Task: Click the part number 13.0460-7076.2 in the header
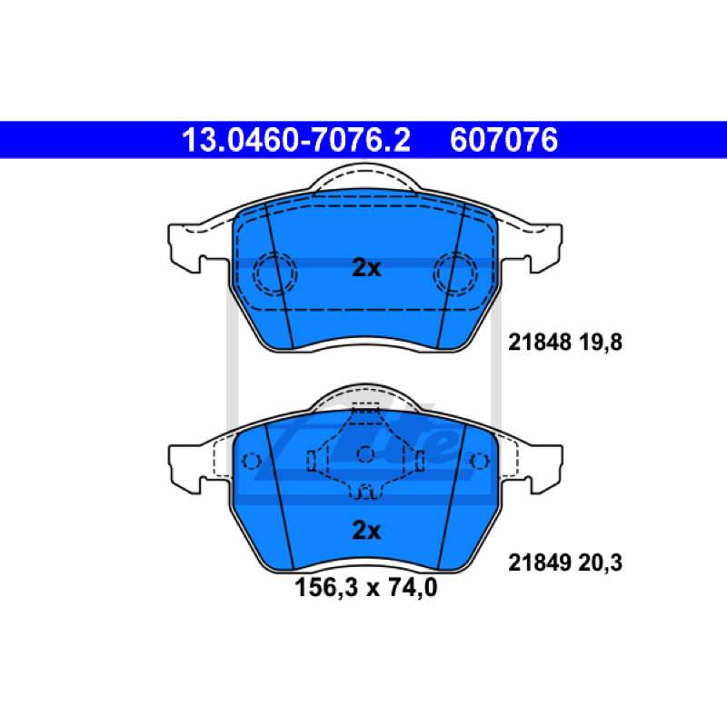[296, 140]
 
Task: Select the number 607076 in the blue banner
[504, 140]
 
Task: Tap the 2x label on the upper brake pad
[366, 267]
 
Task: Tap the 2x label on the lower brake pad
[366, 530]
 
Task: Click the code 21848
[539, 343]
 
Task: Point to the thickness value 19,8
[601, 343]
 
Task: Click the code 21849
[539, 563]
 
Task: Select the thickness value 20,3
[601, 563]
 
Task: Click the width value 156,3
[326, 587]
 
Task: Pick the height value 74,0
[413, 587]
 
